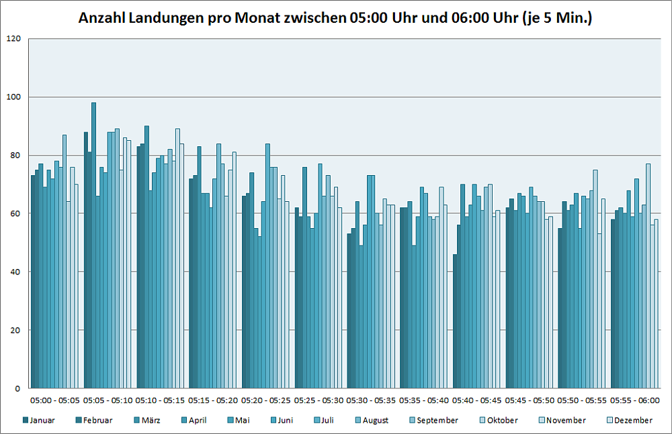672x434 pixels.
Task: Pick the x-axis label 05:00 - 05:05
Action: [x=55, y=400]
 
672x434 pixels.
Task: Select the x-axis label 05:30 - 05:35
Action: [x=371, y=400]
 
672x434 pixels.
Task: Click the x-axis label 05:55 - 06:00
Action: [x=634, y=400]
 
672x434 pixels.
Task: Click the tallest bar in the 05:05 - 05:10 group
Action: [x=94, y=246]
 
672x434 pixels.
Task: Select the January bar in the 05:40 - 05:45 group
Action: [x=455, y=321]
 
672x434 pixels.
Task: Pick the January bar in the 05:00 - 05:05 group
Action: [x=33, y=282]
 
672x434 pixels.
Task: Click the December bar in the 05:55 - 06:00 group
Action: [x=656, y=304]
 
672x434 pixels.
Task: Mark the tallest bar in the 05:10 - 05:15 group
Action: [x=146, y=257]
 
